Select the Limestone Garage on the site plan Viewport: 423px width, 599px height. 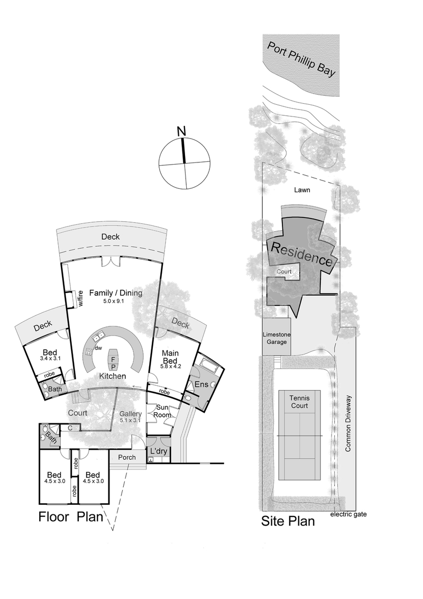277,338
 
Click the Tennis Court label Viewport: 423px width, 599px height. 299,402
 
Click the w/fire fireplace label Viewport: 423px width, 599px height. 81,299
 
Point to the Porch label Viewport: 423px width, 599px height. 127,457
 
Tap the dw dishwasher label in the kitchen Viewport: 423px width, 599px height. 98,348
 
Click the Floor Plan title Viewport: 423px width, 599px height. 70,516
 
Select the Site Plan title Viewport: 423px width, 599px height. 288,521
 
